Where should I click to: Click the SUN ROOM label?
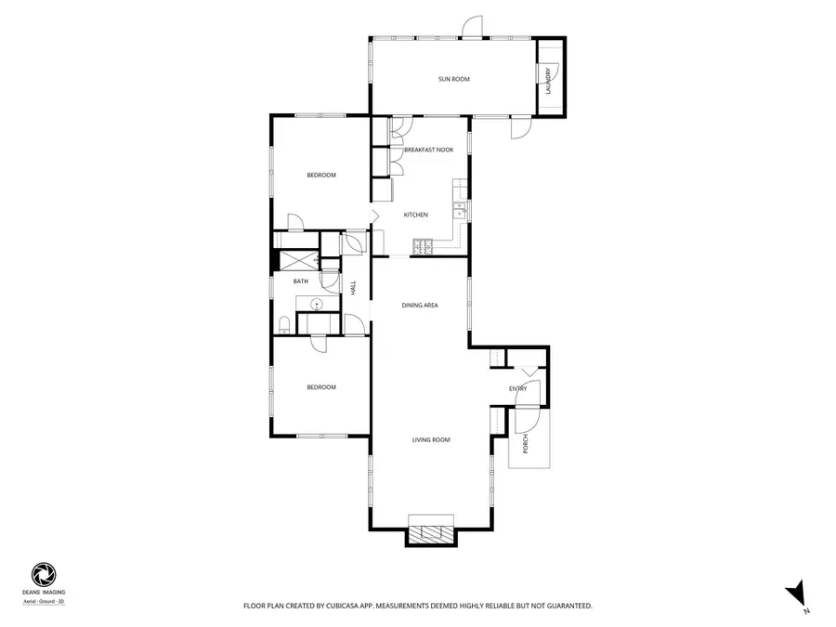[454, 79]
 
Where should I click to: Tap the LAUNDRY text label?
[550, 81]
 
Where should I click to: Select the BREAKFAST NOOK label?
[428, 150]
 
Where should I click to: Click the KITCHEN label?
[415, 215]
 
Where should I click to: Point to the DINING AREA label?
[419, 305]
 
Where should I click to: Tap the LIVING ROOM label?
[431, 439]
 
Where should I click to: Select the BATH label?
[301, 281]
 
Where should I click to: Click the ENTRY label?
[518, 388]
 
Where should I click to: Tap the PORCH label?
[525, 442]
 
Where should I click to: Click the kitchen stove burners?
[424, 247]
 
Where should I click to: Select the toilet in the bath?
[281, 324]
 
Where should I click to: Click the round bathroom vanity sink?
[315, 304]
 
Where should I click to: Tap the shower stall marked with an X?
[297, 262]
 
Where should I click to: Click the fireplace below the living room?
[431, 533]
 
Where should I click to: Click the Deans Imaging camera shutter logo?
[43, 573]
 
